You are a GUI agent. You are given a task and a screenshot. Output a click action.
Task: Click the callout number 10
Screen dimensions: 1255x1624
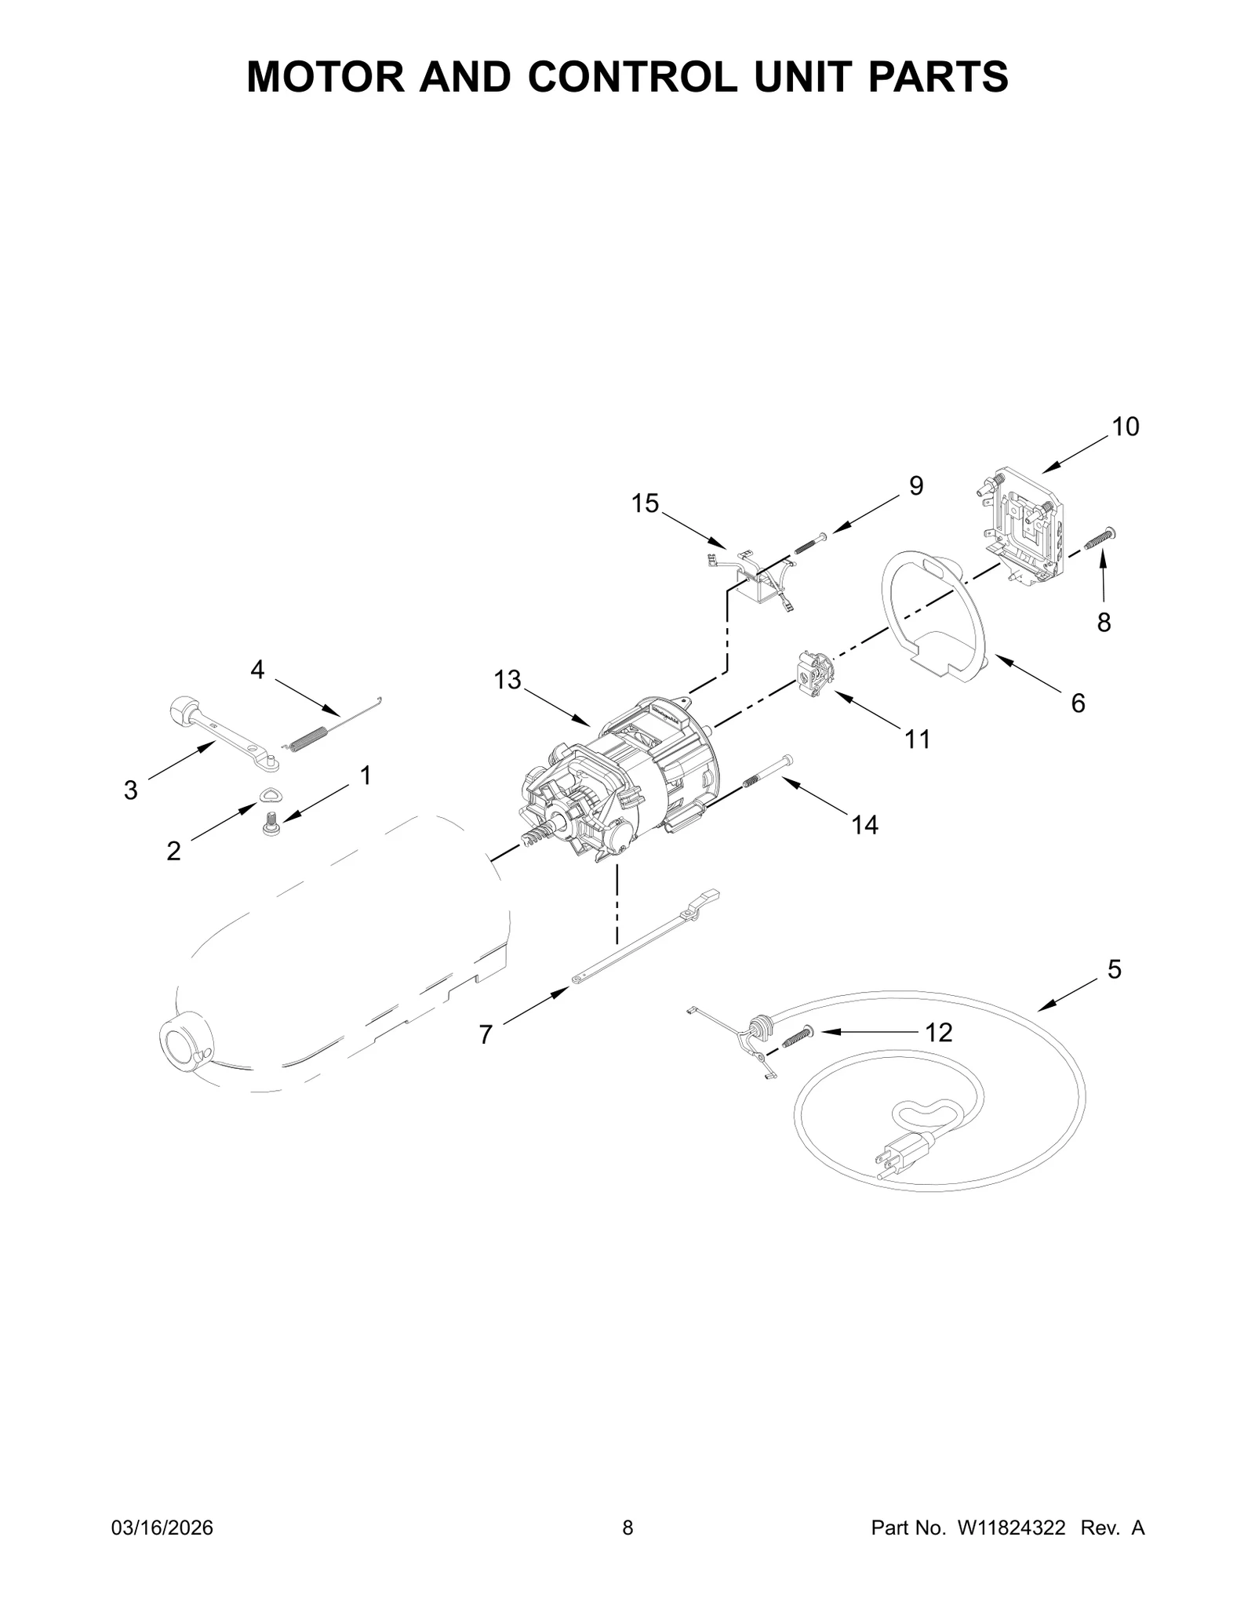tap(1125, 427)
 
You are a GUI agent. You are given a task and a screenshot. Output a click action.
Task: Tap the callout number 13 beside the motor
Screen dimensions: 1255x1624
tap(507, 680)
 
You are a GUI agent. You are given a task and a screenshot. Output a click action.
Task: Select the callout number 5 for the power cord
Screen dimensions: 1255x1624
tap(1115, 969)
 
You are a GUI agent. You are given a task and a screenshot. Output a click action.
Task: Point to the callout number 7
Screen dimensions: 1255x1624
tap(486, 1035)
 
